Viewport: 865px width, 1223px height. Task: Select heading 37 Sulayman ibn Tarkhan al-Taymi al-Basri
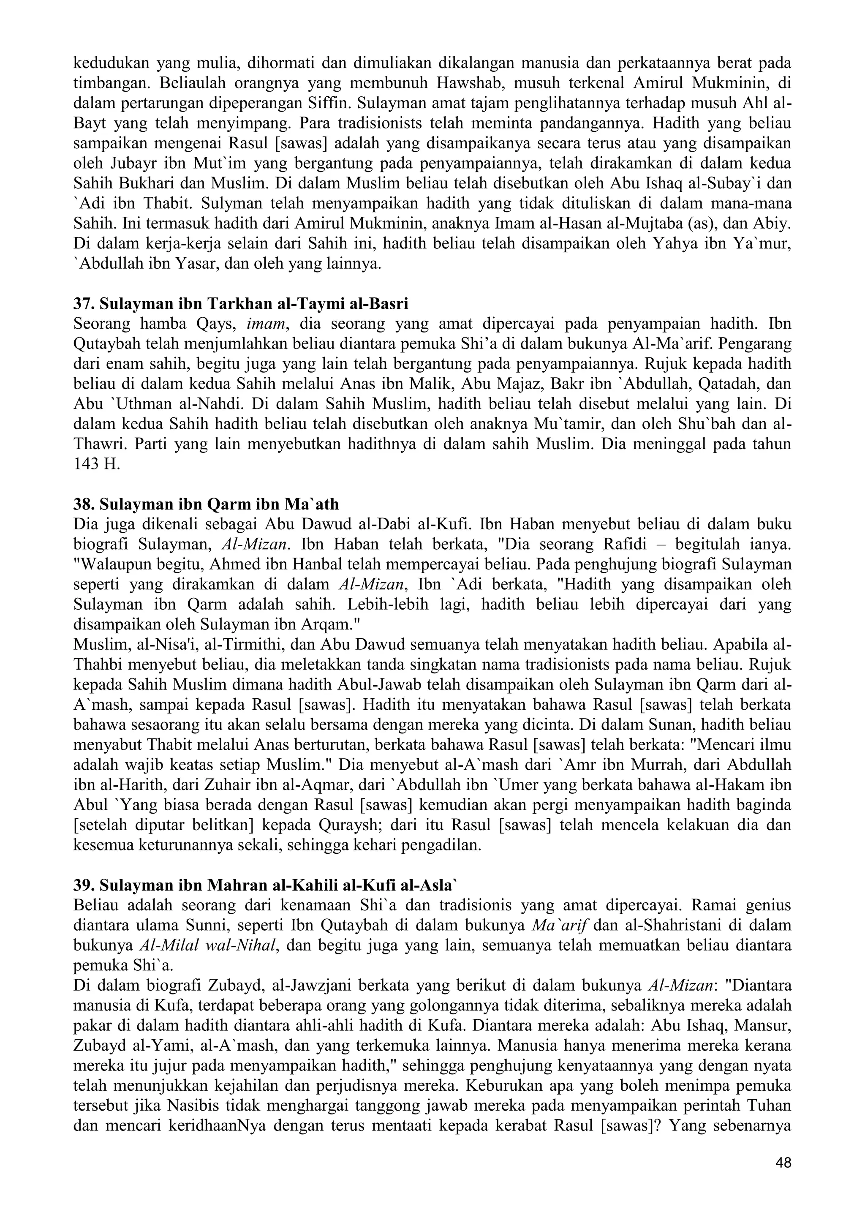(x=241, y=304)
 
